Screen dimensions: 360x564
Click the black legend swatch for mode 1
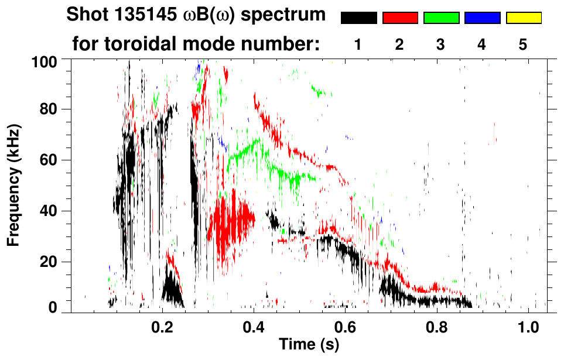(x=358, y=18)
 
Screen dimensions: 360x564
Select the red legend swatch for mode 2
(x=400, y=18)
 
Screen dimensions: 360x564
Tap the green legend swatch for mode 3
(x=441, y=18)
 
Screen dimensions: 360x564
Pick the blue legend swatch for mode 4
(x=482, y=18)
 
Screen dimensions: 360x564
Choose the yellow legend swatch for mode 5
(x=523, y=18)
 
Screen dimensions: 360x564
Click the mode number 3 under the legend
(x=440, y=45)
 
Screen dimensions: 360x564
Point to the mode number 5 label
(x=523, y=45)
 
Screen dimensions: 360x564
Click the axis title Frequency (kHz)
(x=14, y=184)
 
